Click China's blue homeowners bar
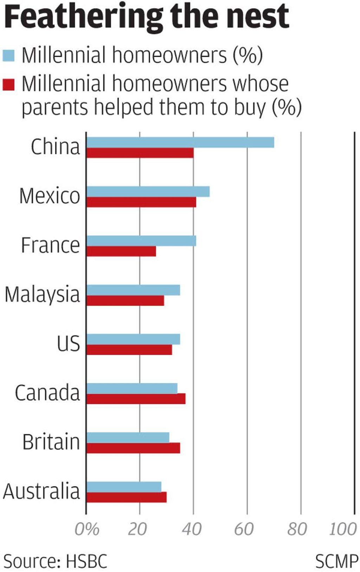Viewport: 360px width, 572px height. coord(180,142)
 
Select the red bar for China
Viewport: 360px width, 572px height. coord(140,153)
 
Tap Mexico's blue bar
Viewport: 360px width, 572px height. coord(148,192)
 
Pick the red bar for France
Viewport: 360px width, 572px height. coord(121,251)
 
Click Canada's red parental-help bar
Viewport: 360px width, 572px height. coord(136,399)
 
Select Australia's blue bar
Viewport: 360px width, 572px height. coord(124,487)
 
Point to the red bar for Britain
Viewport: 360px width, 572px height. coord(133,448)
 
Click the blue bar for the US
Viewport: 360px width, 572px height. coord(133,339)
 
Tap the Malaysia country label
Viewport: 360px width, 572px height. coord(42,294)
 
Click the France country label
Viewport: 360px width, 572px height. coord(50,245)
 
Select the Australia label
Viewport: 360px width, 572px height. coord(41,491)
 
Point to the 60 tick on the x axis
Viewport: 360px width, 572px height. coord(244,529)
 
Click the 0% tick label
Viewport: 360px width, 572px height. coord(87,529)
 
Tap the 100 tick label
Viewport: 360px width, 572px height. coord(342,529)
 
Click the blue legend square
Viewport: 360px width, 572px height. coord(8,56)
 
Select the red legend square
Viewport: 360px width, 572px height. coord(8,84)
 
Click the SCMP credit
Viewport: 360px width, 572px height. coord(336,561)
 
